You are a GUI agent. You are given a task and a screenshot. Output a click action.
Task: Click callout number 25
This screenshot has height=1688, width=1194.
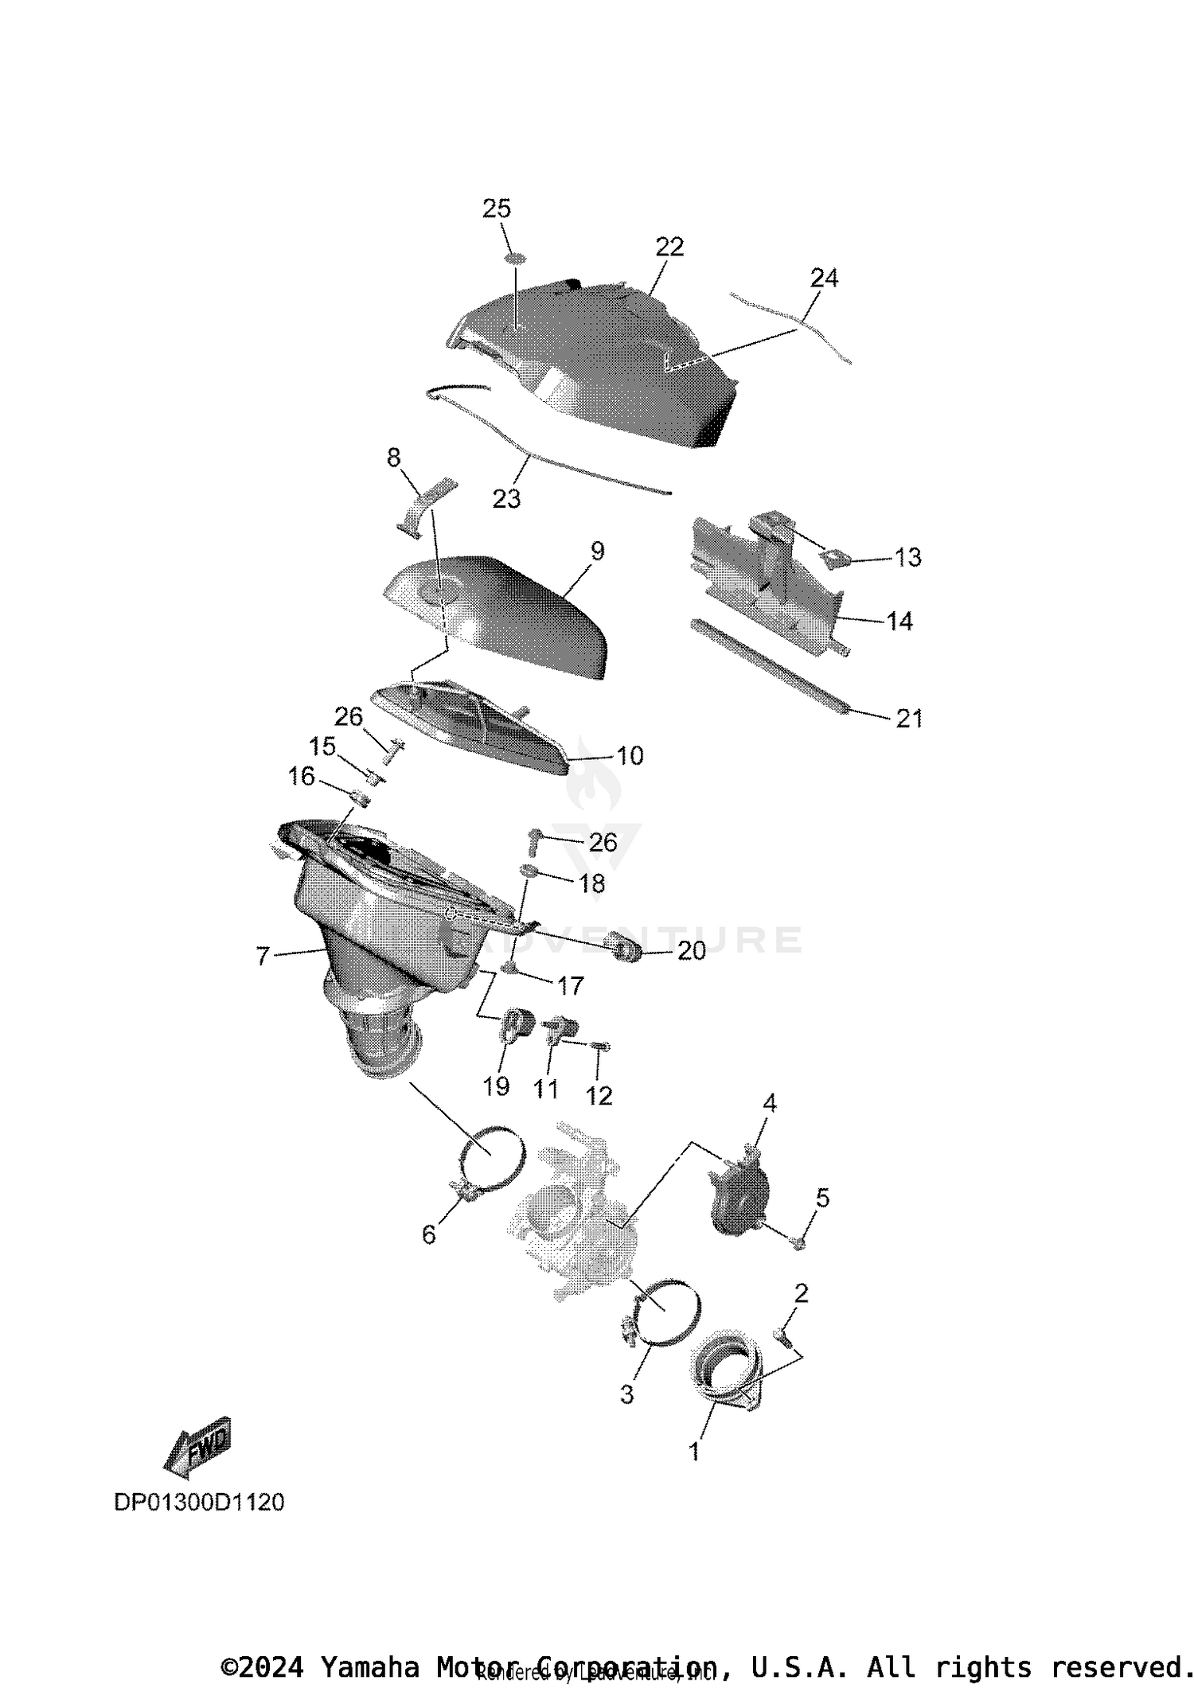pos(497,209)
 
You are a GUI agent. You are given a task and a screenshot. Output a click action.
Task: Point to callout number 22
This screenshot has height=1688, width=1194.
pos(669,247)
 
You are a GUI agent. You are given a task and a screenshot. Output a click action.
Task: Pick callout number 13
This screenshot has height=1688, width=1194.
pos(907,557)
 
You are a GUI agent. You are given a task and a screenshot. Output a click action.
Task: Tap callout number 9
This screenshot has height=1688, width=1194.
pos(597,551)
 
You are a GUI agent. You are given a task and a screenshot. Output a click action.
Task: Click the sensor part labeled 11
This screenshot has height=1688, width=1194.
pos(560,1029)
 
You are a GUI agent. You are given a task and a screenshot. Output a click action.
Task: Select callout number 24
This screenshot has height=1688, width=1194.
pos(824,278)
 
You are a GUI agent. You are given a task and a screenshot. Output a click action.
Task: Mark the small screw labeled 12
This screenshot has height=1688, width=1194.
pos(602,1046)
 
